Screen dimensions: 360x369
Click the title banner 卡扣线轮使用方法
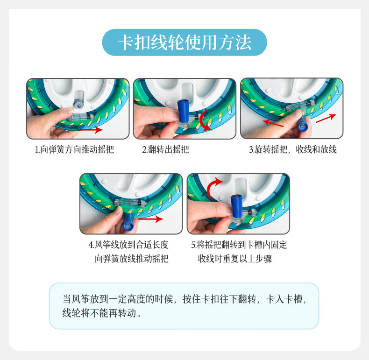pyautogui.click(x=184, y=42)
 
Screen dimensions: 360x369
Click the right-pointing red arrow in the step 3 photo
pyautogui.click(x=326, y=119)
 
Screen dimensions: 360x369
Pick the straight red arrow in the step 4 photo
pyautogui.click(x=150, y=219)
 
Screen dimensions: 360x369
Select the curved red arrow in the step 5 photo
pyautogui.click(x=214, y=186)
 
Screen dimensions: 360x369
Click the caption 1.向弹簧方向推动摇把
pyautogui.click(x=74, y=150)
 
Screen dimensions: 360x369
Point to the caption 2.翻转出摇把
pyautogui.click(x=165, y=150)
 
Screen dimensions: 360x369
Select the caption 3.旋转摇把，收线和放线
pyautogui.click(x=292, y=150)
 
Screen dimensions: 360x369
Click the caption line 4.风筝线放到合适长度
pyautogui.click(x=128, y=245)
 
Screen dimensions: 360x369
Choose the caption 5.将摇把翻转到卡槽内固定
pyautogui.click(x=239, y=245)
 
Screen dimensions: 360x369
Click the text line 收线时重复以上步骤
pyautogui.click(x=235, y=259)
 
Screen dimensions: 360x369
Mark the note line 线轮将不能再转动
pyautogui.click(x=102, y=313)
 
